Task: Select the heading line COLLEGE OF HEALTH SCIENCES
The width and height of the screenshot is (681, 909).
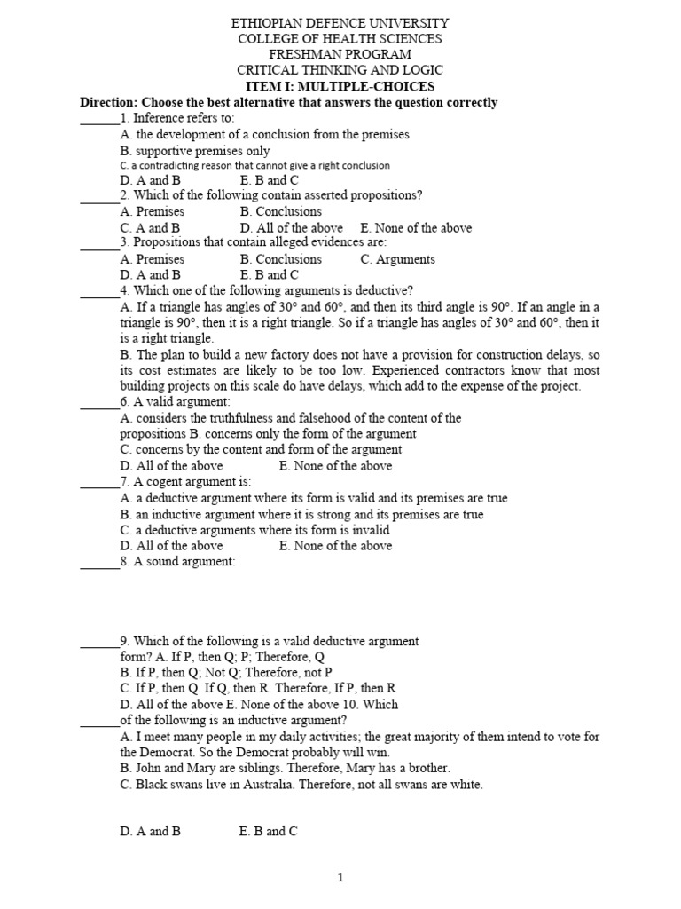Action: [x=340, y=39]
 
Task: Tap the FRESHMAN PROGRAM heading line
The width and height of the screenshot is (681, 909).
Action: [x=340, y=55]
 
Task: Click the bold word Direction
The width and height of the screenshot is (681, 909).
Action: [x=109, y=103]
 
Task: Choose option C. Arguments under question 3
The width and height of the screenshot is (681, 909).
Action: [x=397, y=259]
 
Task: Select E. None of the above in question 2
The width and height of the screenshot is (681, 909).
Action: [x=416, y=227]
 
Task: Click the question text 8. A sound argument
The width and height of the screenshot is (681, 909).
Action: [x=178, y=562]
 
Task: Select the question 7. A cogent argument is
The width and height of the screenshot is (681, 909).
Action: [x=186, y=481]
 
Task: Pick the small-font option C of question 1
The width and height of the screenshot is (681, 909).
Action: [x=254, y=165]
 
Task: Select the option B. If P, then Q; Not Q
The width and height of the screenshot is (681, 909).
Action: [x=225, y=672]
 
